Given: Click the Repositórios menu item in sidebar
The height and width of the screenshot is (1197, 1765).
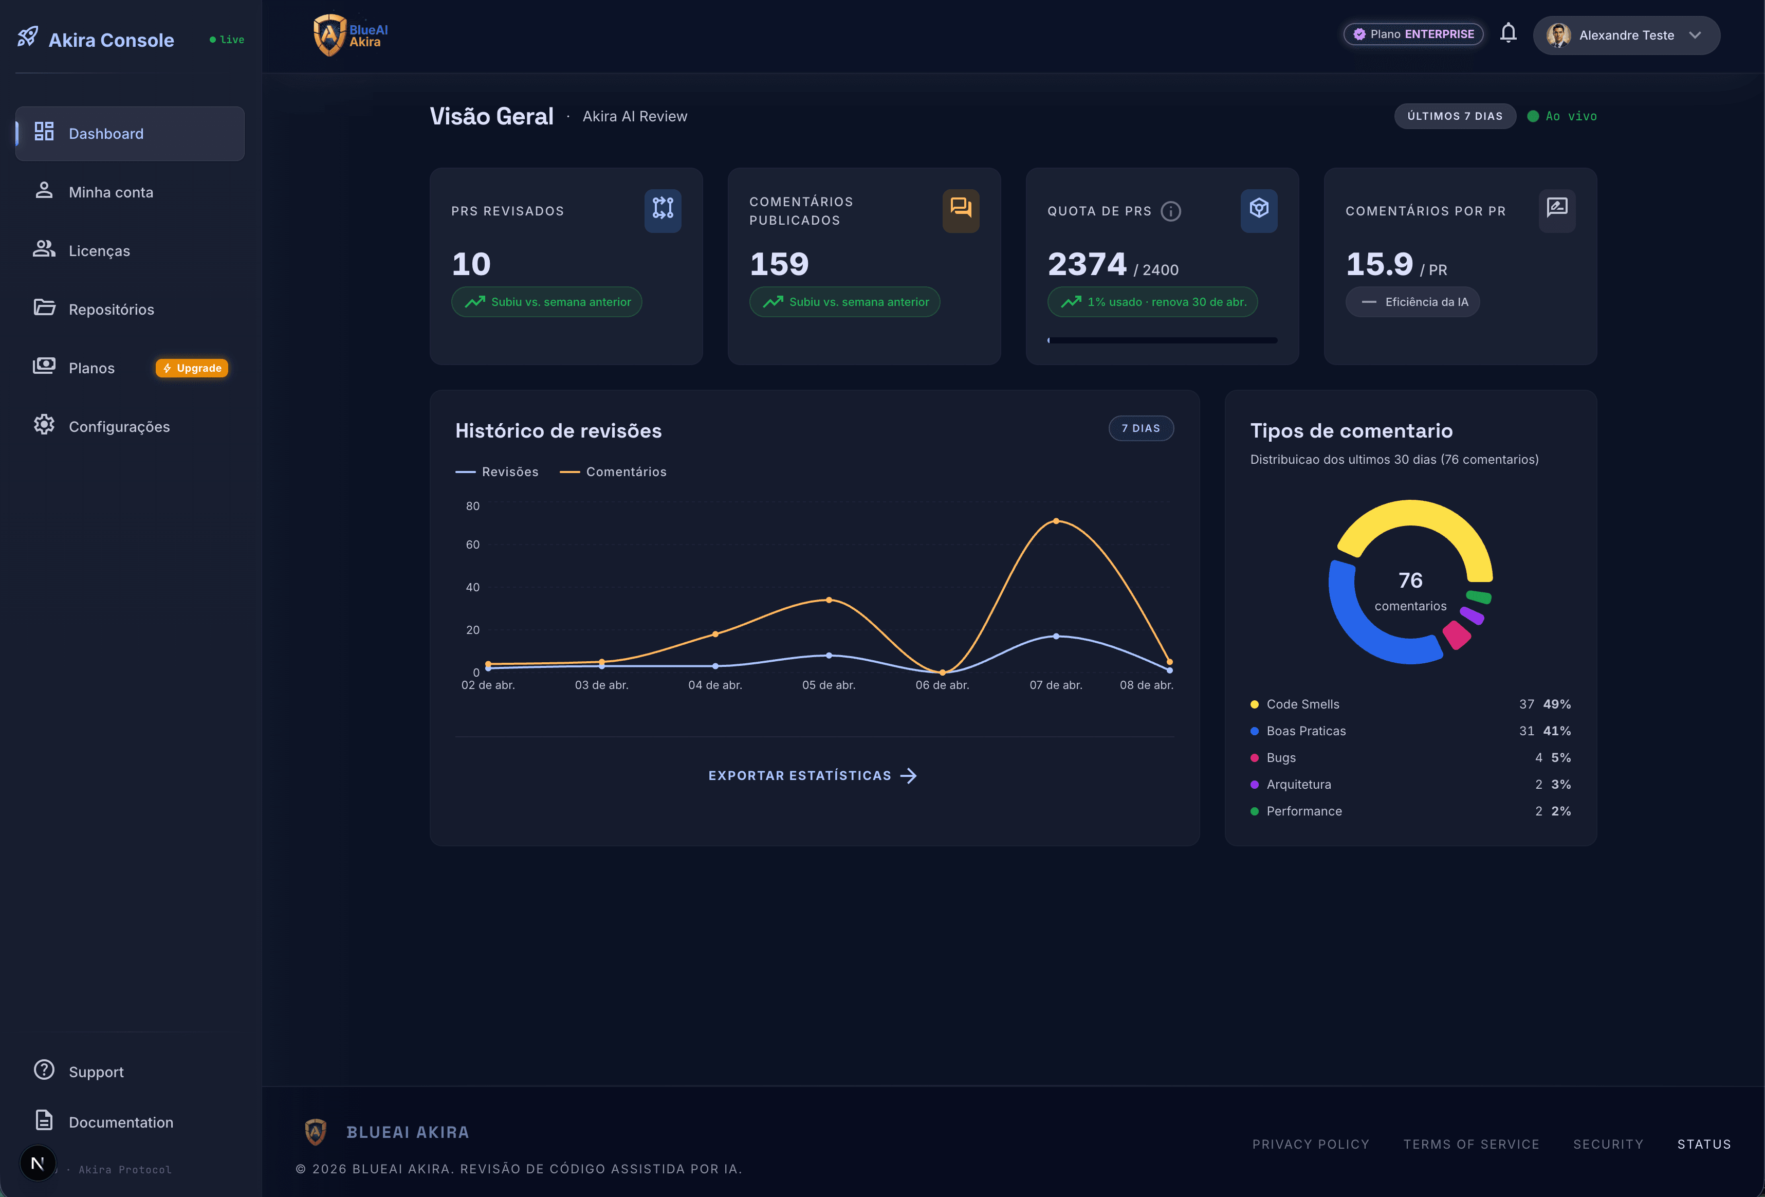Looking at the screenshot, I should point(111,309).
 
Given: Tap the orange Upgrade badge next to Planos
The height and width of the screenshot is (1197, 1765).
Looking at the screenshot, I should point(192,368).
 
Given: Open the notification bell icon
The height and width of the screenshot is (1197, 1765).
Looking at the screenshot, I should point(1509,33).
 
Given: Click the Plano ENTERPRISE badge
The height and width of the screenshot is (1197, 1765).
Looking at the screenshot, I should point(1413,34).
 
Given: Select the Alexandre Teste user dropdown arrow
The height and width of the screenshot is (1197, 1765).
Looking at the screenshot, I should point(1695,35).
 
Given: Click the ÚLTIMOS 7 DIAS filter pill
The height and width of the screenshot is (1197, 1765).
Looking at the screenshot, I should point(1455,116).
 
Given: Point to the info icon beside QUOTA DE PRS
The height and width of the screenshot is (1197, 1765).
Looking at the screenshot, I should point(1171,211).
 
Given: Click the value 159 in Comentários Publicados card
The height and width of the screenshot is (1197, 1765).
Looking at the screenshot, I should point(779,264).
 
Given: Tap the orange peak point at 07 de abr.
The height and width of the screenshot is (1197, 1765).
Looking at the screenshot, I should point(1056,521).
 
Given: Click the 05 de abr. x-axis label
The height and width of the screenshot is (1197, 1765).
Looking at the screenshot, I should point(829,685).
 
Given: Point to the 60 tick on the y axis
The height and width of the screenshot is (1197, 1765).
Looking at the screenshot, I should point(472,545).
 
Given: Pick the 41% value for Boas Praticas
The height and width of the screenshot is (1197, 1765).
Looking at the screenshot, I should point(1556,731).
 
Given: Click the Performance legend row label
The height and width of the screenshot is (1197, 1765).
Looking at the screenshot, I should point(1304,811).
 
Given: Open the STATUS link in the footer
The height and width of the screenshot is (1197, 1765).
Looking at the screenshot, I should point(1703,1144).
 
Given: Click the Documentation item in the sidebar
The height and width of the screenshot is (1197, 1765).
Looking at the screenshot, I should point(121,1122).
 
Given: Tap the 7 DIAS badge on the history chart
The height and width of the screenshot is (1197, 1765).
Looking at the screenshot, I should point(1141,428).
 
